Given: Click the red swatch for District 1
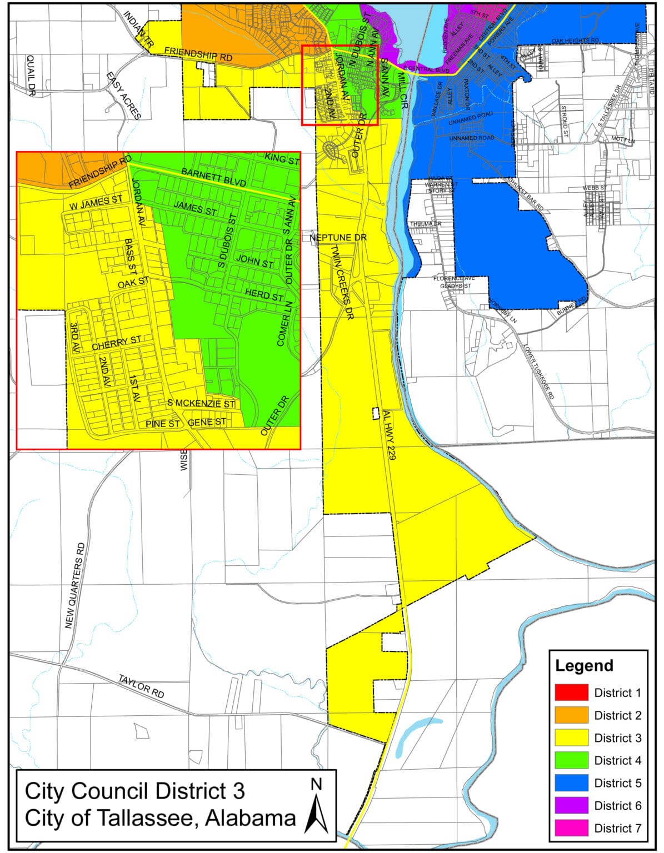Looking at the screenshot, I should click(571, 693).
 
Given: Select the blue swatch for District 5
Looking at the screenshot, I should click(571, 782).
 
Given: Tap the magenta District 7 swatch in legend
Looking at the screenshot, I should click(571, 828).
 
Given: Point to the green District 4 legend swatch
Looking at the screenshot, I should click(571, 760).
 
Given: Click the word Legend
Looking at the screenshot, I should click(584, 665).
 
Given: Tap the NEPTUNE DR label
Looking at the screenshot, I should click(338, 238).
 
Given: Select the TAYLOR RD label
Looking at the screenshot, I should click(142, 686).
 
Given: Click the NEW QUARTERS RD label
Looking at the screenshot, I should click(77, 585).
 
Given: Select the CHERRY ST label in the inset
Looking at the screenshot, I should click(117, 343).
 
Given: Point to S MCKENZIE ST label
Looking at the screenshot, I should click(201, 404).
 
